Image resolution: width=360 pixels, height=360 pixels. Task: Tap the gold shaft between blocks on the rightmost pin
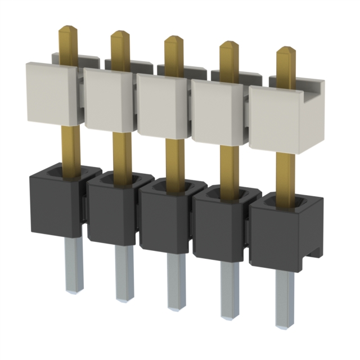click(x=286, y=172)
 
